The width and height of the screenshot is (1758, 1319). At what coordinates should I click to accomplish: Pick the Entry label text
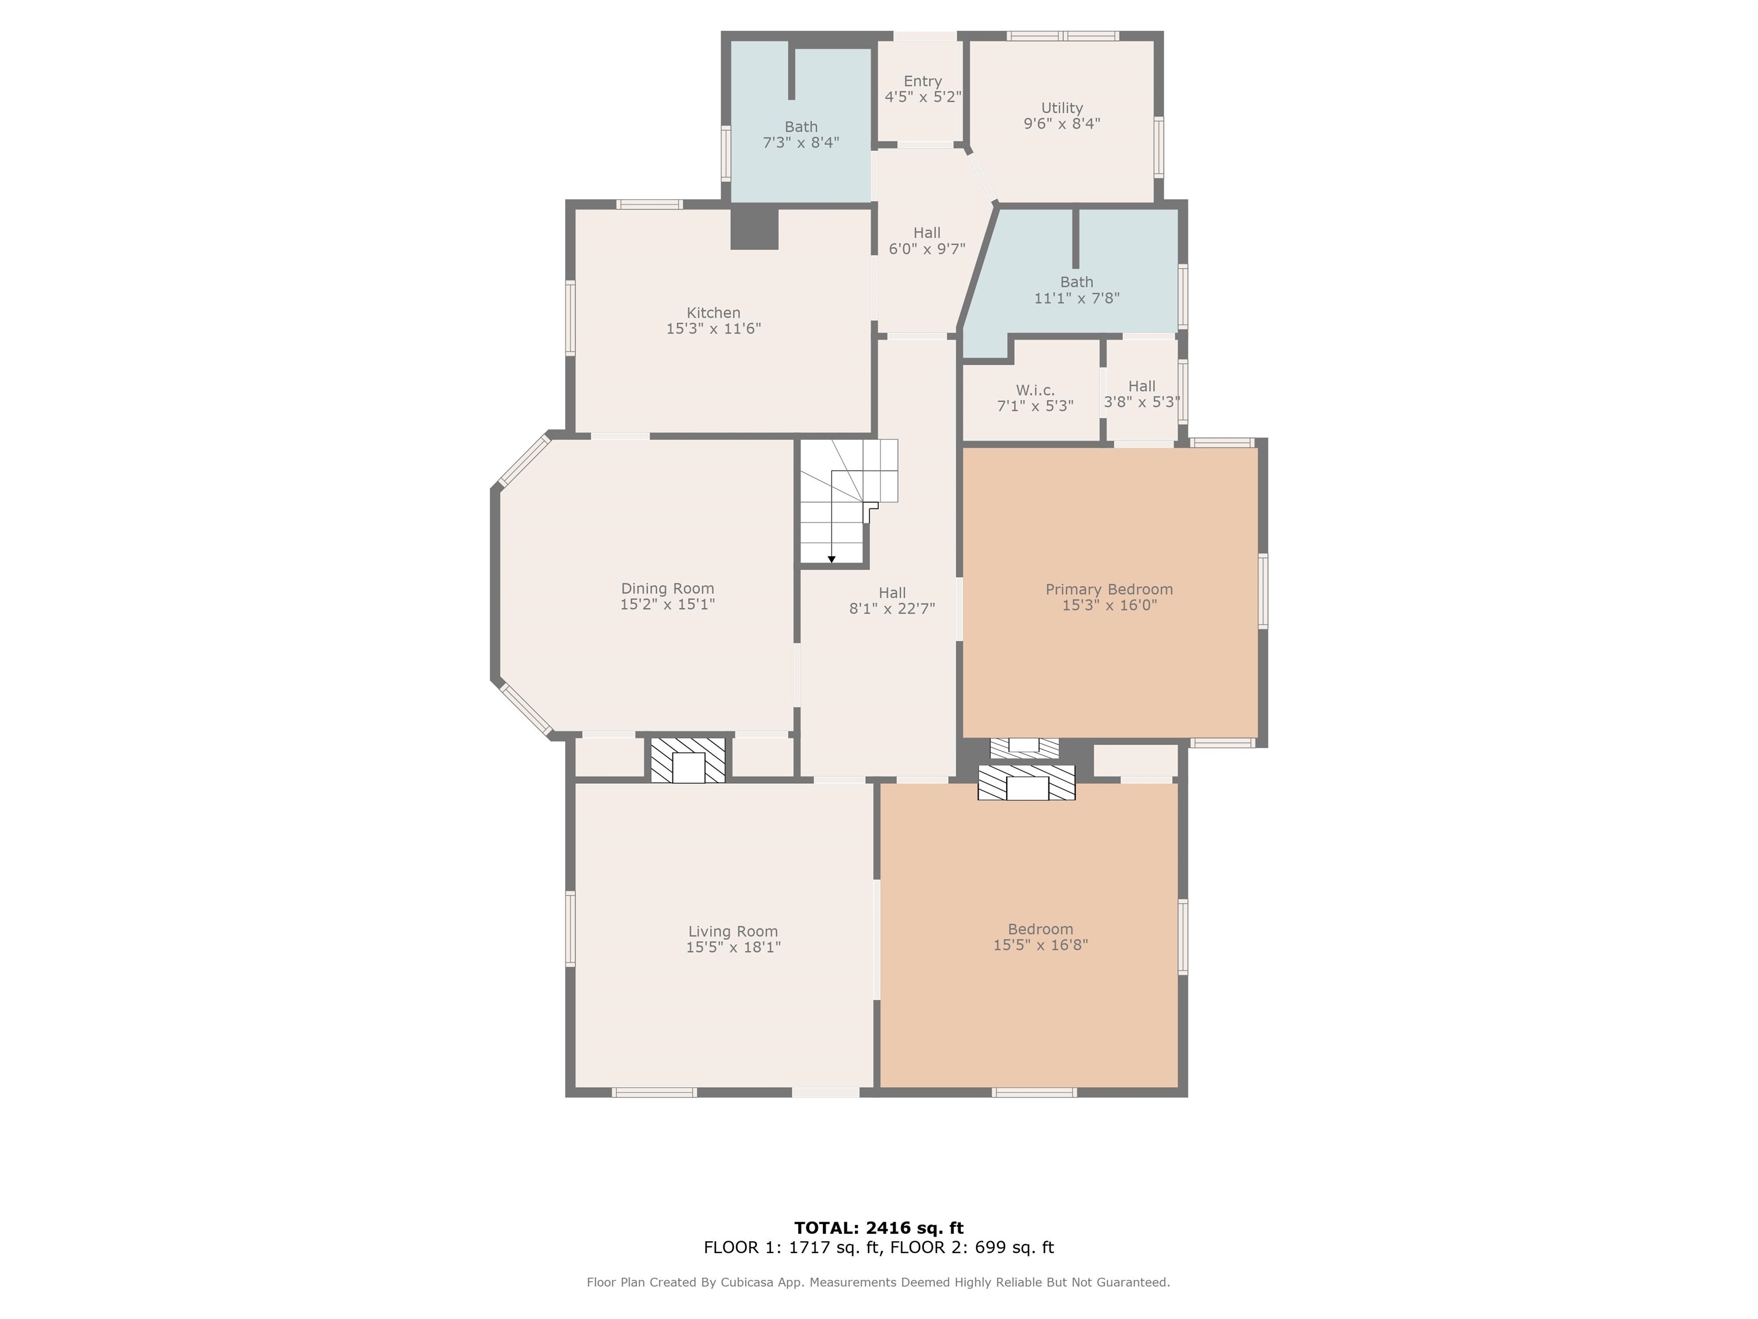pos(922,81)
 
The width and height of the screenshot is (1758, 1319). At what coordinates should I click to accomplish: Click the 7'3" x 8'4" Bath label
pos(801,135)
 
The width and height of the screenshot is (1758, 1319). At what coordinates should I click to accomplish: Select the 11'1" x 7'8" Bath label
pos(1077,290)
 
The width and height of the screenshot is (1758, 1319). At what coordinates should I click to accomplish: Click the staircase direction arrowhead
pos(832,560)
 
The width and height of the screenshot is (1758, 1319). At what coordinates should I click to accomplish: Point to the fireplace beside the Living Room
pos(688,760)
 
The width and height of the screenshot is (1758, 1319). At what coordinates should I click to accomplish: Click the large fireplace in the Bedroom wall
pos(1026,783)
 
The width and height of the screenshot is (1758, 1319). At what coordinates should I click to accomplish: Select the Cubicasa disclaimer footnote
pos(878,1282)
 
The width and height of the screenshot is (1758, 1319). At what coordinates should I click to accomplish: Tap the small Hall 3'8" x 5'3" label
pos(1142,393)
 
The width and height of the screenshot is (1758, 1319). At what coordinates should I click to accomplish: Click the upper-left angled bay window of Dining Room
pos(524,461)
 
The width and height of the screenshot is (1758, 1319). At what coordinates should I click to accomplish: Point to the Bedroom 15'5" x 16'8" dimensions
pos(1040,945)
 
